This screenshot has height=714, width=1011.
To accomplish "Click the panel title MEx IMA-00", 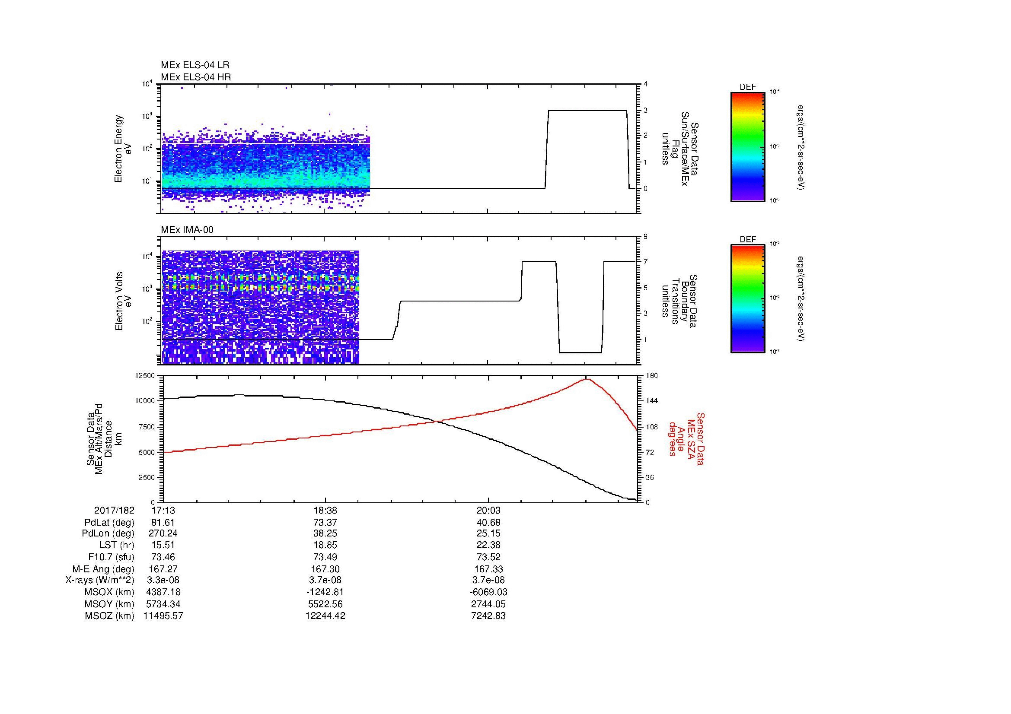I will pos(187,230).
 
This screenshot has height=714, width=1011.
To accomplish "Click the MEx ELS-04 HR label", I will pos(196,77).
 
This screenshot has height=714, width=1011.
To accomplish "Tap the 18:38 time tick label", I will pos(325,511).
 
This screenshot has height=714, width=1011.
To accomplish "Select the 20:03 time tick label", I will pos(488,511).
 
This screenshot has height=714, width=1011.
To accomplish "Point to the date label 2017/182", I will pos(114,511).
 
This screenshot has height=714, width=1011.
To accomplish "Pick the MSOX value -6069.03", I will pos(488,592).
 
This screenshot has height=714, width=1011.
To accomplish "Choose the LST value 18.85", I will pos(325,546).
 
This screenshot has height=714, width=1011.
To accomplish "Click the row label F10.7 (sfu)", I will pos(111,557).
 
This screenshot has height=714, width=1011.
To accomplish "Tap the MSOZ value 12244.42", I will pos(325,616).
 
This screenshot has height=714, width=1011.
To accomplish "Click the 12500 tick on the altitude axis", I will pos(146,375).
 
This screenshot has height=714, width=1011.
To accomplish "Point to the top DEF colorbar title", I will pos(747,87).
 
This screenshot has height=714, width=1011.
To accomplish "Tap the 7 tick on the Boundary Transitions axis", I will pos(645,262).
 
